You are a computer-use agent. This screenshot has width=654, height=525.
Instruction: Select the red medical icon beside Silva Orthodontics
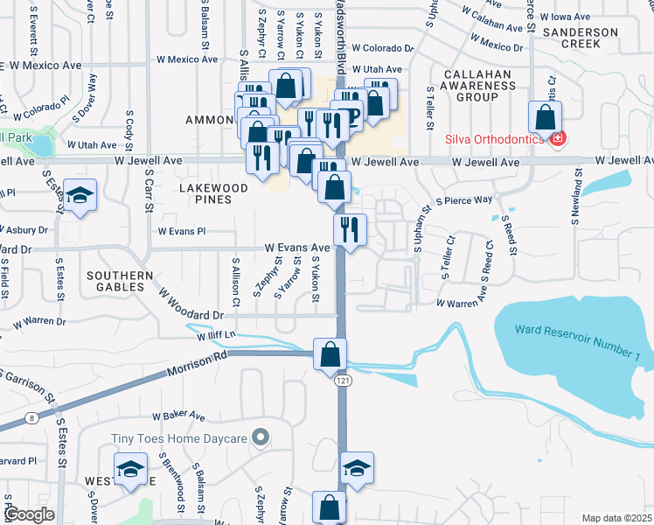pos(557,138)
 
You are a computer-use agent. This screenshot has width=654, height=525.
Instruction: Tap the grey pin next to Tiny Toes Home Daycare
pos(260,437)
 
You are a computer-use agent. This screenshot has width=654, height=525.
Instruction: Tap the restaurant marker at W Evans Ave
pos(348,231)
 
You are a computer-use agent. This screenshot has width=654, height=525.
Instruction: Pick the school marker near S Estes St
pos(80,196)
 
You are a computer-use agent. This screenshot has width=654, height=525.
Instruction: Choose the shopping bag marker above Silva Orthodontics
pos(545,116)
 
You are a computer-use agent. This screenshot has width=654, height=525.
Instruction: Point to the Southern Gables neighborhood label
pos(115,280)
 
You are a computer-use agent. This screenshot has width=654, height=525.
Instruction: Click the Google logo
pos(30,514)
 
